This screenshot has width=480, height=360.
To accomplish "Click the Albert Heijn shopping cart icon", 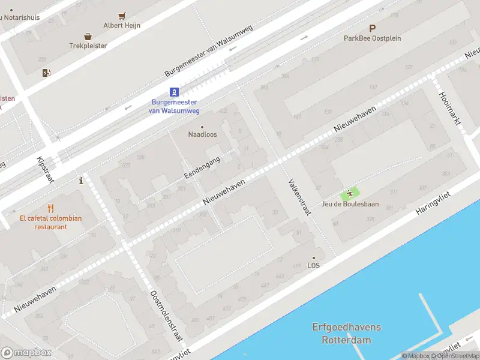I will [x=122, y=16].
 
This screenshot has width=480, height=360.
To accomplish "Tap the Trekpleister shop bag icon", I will [x=88, y=37].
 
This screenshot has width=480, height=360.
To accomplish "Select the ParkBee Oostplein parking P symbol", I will [x=372, y=28].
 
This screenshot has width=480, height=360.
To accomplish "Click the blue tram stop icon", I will [x=174, y=92].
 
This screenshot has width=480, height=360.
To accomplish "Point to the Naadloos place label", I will [x=202, y=134].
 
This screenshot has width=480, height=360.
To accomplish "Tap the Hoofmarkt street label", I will [x=450, y=109].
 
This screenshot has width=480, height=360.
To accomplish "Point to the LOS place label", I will [x=313, y=265].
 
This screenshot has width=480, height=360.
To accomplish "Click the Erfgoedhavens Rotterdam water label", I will [x=346, y=334].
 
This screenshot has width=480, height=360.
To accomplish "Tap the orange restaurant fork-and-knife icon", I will [x=50, y=208].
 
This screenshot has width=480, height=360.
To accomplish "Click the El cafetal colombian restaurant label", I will [x=50, y=223].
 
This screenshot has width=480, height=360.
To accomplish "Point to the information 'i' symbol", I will [x=81, y=180].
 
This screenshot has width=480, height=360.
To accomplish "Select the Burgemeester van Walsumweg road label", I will [x=209, y=51].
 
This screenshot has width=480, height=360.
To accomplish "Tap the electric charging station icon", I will [x=46, y=73].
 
